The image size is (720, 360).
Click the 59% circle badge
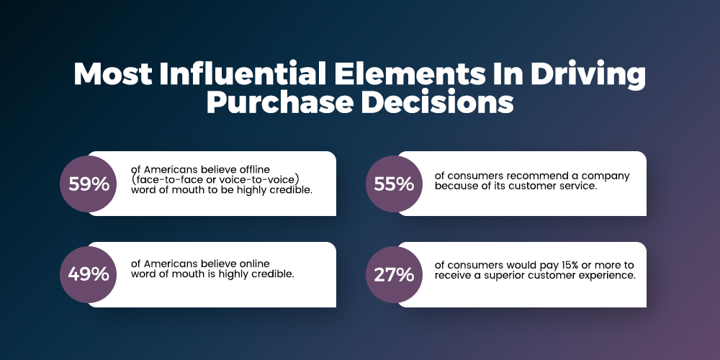88,184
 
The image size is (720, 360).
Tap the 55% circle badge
394,184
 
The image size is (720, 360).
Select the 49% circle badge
88,274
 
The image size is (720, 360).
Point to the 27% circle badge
394,274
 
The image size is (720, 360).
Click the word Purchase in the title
279,102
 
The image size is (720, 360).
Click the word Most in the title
113,73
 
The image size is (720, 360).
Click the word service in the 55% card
580,186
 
